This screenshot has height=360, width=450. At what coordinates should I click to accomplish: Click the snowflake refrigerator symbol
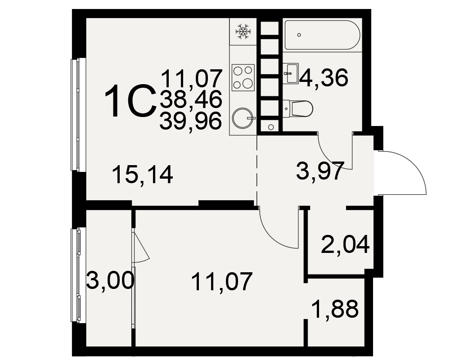click(x=243, y=31)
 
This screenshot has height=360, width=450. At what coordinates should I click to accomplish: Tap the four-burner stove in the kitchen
click(x=243, y=77)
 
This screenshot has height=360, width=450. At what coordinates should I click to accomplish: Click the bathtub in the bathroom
click(x=322, y=35)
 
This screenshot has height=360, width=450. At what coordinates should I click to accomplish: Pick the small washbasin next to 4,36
click(x=290, y=73)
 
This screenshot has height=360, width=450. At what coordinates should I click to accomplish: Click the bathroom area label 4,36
click(x=324, y=78)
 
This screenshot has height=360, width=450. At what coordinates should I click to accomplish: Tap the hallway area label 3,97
click(x=320, y=171)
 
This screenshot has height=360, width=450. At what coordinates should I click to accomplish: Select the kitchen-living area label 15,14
click(x=143, y=175)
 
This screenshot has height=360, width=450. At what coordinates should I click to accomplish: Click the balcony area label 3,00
click(x=110, y=281)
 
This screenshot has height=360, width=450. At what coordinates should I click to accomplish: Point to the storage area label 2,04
click(x=345, y=245)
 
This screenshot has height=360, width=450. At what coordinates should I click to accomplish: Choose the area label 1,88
click(x=335, y=309)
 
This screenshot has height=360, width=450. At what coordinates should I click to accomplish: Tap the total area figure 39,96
click(x=191, y=121)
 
